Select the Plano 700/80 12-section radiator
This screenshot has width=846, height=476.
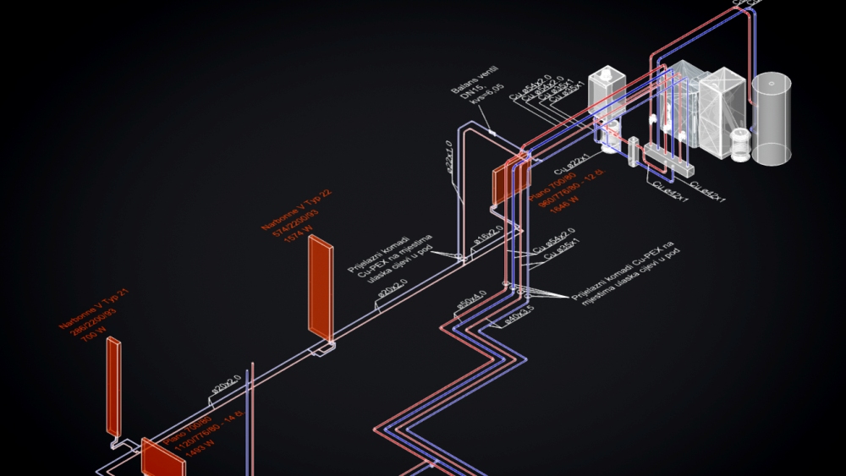510,180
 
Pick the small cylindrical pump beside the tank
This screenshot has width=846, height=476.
741,145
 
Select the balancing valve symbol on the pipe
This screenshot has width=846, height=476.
491,132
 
